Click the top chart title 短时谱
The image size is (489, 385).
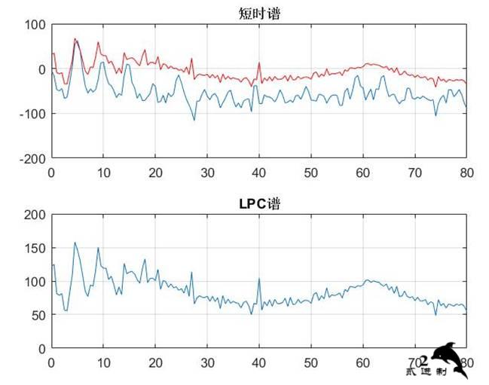point(258,13)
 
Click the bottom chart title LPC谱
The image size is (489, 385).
point(258,203)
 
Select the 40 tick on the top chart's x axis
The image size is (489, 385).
point(259,172)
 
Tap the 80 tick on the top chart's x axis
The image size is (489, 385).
point(466,172)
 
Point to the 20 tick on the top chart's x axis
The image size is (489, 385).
point(155,172)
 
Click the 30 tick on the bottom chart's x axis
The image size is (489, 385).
point(207,362)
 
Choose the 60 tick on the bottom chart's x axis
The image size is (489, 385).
point(363,362)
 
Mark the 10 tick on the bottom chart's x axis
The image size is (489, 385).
point(103,362)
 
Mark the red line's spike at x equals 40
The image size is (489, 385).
point(259,63)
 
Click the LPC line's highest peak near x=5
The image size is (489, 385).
point(75,243)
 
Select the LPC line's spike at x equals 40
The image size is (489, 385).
point(259,278)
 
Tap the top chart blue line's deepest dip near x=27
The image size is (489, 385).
point(194,120)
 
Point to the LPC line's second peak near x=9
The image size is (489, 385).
point(98,248)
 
